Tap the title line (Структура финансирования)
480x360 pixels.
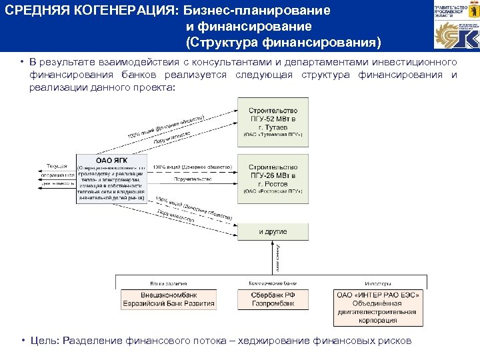click(x=283, y=43)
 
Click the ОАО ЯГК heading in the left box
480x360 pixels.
click(x=111, y=160)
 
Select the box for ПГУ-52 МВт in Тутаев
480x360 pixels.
click(x=273, y=122)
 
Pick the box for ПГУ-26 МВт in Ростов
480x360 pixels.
click(x=273, y=178)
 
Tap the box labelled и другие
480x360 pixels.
click(x=273, y=232)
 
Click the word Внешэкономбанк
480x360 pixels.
click(x=169, y=295)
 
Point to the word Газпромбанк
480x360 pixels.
click(x=273, y=303)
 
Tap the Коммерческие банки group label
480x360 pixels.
click(x=273, y=283)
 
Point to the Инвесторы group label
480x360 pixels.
click(x=377, y=283)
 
